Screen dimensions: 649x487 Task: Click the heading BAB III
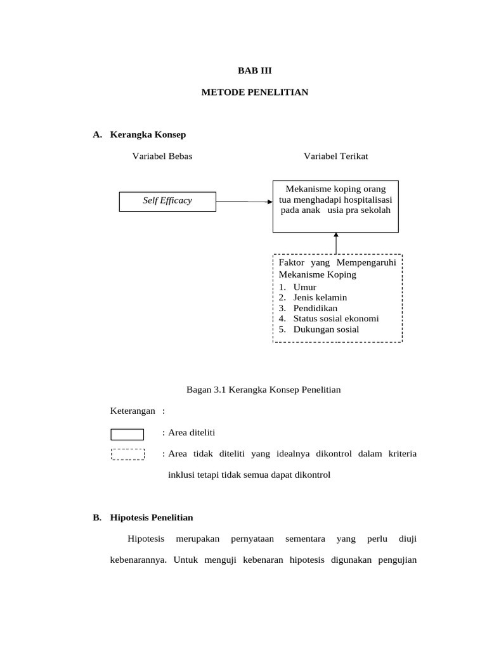coord(254,71)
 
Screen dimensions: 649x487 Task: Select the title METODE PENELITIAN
coord(254,93)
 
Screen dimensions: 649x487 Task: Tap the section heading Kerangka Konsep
coord(148,134)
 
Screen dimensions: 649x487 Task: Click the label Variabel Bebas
coord(162,156)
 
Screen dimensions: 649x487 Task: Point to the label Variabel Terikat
coord(335,156)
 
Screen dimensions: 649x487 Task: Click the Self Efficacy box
coord(167,201)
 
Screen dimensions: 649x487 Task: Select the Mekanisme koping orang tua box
coord(335,205)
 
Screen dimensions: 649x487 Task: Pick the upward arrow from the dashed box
coord(336,243)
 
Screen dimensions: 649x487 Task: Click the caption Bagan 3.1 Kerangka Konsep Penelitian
coord(263,389)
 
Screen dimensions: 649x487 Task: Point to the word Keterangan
coord(133,411)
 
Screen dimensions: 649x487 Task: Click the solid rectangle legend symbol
coord(127,434)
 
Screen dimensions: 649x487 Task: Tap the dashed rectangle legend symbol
coord(127,454)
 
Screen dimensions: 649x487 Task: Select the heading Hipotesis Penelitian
coord(152,517)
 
